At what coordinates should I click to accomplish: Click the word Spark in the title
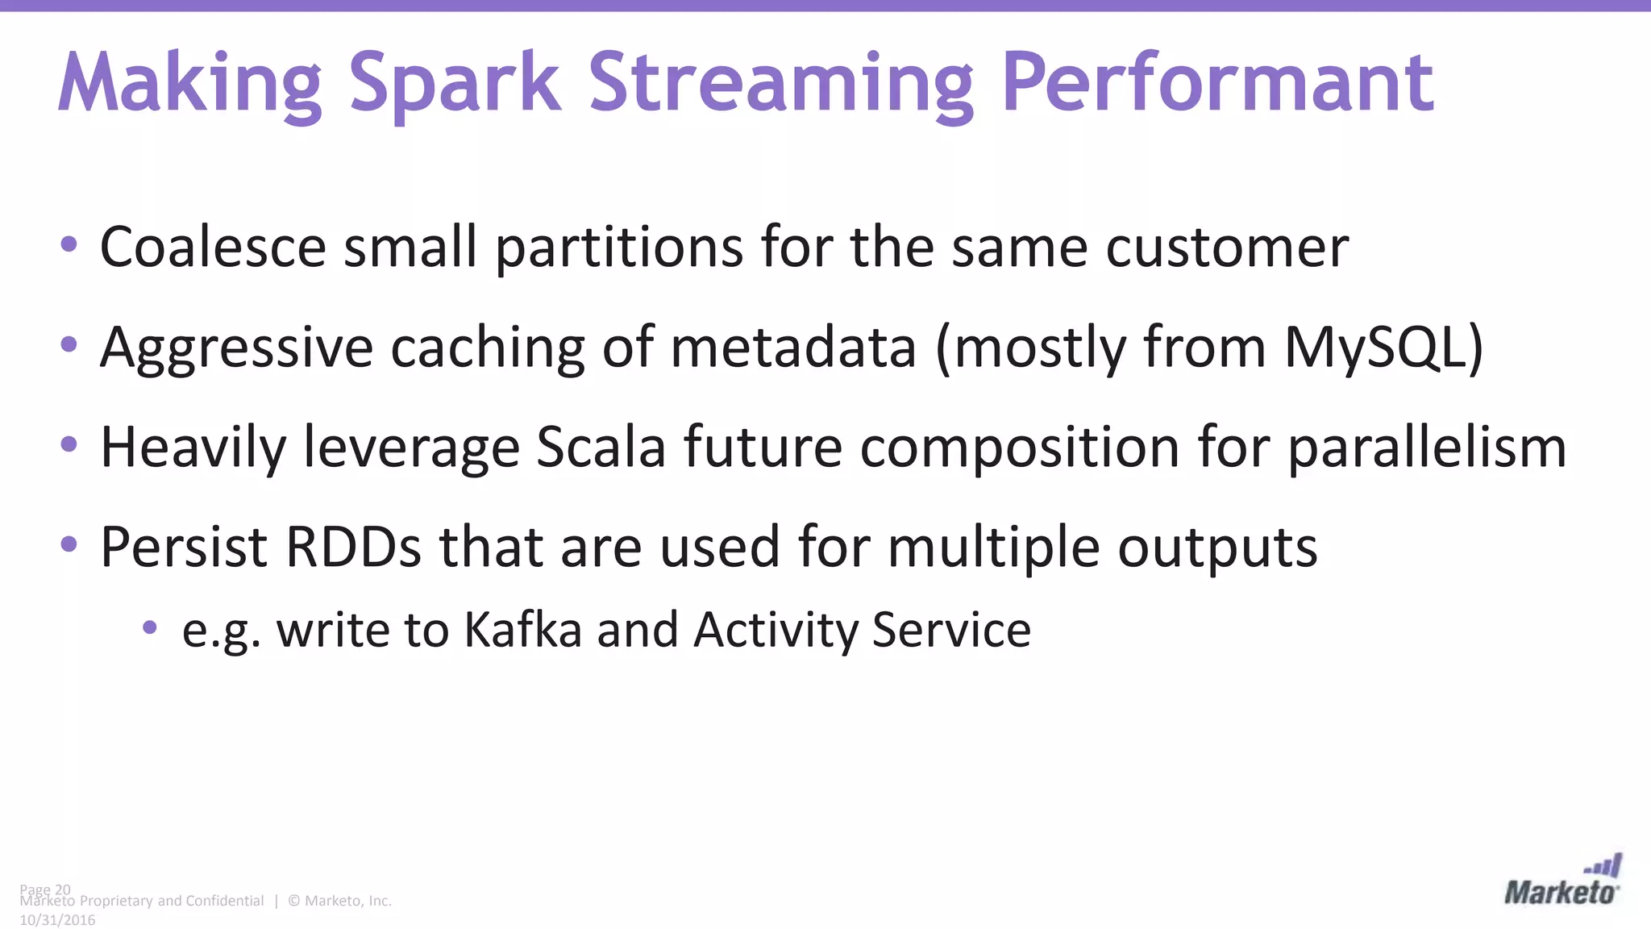coord(454,84)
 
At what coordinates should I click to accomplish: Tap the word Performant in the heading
coord(1217,84)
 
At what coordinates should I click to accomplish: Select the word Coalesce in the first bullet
coord(213,247)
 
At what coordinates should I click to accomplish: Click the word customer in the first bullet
coord(1227,247)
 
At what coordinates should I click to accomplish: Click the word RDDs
coord(353,548)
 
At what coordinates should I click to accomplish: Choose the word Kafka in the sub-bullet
coord(522,630)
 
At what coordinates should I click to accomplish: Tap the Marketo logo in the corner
coord(1562,882)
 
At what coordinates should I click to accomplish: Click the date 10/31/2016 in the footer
coord(57,920)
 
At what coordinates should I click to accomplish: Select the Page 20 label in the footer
coord(45,889)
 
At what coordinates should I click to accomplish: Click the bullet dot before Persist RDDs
coord(69,544)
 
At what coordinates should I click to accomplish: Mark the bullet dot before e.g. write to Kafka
coord(149,627)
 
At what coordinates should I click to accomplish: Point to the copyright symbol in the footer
coord(293,901)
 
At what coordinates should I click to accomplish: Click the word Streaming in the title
coord(781,84)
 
